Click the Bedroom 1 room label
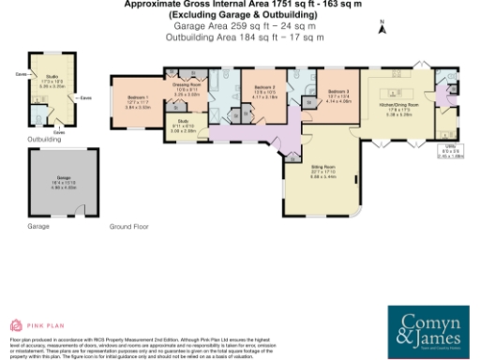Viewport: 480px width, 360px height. point(139,100)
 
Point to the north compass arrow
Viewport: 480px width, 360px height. point(381,28)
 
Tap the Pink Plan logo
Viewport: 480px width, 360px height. point(29,325)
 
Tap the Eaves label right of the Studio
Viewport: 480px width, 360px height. point(85,97)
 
